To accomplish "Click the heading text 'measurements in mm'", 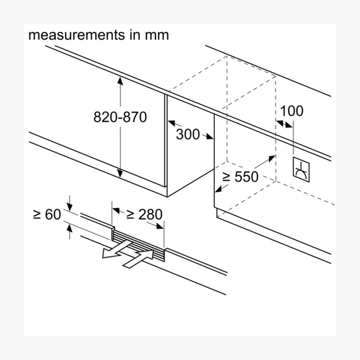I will pyautogui.click(x=99, y=35).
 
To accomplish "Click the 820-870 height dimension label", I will pyautogui.click(x=120, y=117).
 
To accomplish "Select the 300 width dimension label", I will pyautogui.click(x=188, y=134).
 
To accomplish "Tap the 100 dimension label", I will pyautogui.click(x=292, y=111).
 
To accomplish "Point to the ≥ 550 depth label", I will pyautogui.click(x=239, y=176).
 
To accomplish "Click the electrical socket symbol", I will pyautogui.click(x=300, y=170).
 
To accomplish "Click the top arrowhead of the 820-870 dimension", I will pyautogui.click(x=120, y=82).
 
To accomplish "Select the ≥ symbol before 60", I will pyautogui.click(x=37, y=214).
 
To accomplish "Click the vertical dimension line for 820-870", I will pyautogui.click(x=120, y=150).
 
